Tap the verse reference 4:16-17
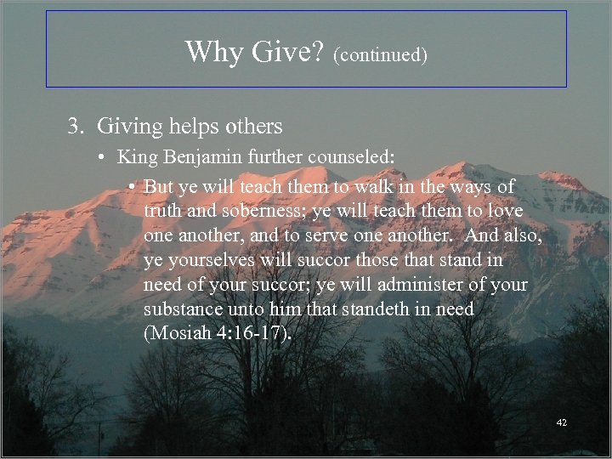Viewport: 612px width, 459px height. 252,332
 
